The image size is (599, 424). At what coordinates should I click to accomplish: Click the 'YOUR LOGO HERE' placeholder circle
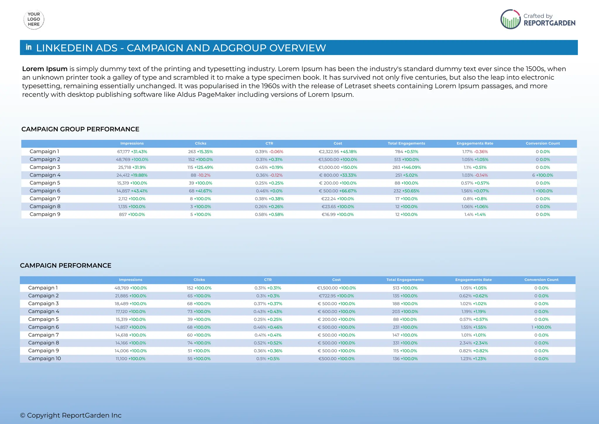click(34, 19)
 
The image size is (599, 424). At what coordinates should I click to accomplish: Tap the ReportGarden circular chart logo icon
click(510, 19)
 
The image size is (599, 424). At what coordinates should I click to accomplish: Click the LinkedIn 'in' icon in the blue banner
click(29, 47)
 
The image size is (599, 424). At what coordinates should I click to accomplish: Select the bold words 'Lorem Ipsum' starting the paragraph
click(45, 69)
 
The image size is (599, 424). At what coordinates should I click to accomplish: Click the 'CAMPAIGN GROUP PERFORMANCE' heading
click(80, 129)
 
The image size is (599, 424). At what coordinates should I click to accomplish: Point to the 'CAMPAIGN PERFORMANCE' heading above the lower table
click(66, 266)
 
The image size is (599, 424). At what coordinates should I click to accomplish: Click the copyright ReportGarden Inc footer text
click(71, 415)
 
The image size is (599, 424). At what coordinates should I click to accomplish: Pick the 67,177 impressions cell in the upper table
click(132, 152)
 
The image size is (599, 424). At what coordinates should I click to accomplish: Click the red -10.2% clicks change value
click(204, 175)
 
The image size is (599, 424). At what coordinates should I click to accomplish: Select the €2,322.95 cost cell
click(338, 152)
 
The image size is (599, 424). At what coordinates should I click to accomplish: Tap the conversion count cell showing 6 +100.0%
click(543, 175)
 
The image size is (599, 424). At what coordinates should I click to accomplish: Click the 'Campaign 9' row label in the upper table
click(45, 214)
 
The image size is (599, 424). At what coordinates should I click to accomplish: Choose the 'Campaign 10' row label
click(44, 358)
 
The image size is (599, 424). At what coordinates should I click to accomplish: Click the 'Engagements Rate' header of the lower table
click(473, 280)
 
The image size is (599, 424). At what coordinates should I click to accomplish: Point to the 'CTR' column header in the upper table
click(269, 143)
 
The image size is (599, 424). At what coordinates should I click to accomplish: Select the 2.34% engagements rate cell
click(473, 343)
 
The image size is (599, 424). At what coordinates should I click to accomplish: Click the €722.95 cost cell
click(336, 296)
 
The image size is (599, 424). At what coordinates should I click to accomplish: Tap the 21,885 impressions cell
click(130, 296)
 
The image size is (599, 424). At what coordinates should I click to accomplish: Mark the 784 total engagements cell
click(406, 152)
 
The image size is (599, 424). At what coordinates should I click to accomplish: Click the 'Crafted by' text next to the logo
click(538, 16)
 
